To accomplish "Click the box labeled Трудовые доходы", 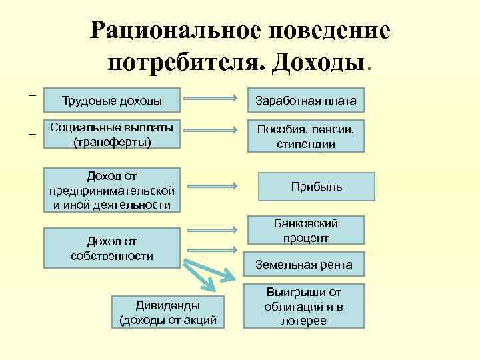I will (111, 101).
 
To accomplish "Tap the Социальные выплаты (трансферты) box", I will (111, 134).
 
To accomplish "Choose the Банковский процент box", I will (307, 230).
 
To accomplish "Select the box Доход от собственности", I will (111, 248).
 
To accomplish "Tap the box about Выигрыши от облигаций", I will (304, 306).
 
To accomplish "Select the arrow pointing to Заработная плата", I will (210, 98).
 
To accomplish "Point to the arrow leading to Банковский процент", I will (210, 231).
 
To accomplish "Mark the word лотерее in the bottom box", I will (304, 321).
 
